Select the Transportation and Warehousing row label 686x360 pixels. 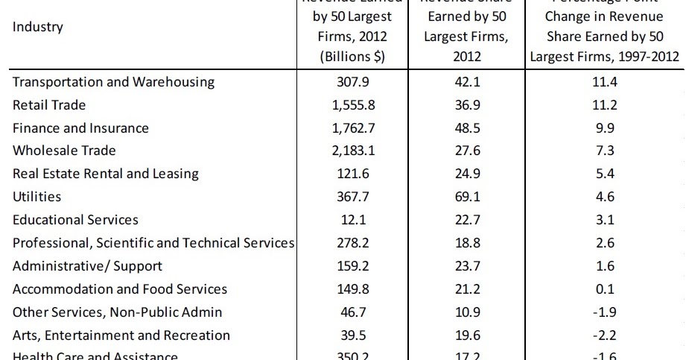click(x=113, y=82)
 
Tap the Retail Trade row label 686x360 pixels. click(x=49, y=105)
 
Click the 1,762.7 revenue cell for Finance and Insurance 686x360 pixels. click(x=353, y=128)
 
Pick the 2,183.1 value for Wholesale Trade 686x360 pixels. click(x=353, y=151)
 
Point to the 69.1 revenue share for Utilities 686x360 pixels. click(x=467, y=197)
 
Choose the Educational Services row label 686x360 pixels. click(x=75, y=220)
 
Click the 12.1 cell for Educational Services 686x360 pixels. click(x=353, y=220)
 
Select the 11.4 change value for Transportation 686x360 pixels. click(x=604, y=82)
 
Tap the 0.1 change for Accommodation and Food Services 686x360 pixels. click(x=604, y=288)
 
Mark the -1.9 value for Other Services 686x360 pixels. click(x=604, y=312)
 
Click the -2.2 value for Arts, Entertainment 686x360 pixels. click(x=604, y=335)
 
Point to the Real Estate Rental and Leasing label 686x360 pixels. click(x=106, y=174)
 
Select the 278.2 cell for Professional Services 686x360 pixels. click(x=353, y=243)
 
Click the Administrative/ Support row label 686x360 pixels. click(x=87, y=265)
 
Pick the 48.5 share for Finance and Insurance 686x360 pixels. click(x=467, y=128)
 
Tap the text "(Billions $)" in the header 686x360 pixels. click(x=353, y=57)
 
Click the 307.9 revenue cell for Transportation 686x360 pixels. click(x=353, y=82)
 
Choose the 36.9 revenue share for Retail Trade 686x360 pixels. click(x=467, y=105)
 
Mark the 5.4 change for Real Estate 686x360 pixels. click(x=604, y=174)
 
